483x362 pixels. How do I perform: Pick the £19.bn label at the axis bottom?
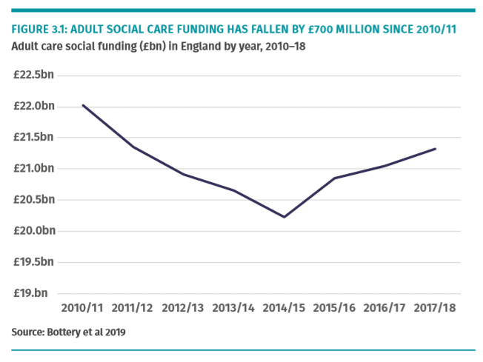tap(34, 293)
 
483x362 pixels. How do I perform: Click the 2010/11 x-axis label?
tap(83, 307)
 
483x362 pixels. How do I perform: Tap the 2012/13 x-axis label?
tap(183, 307)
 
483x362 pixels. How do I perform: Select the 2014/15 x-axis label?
tap(284, 307)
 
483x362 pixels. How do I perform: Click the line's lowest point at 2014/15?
tap(284, 217)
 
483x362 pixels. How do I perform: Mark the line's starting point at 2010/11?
tap(83, 105)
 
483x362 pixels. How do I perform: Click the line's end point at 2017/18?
tap(435, 149)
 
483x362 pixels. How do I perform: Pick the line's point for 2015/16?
tap(334, 178)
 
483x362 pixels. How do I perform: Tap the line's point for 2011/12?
tap(133, 147)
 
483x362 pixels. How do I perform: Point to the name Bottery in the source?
tap(63, 332)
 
